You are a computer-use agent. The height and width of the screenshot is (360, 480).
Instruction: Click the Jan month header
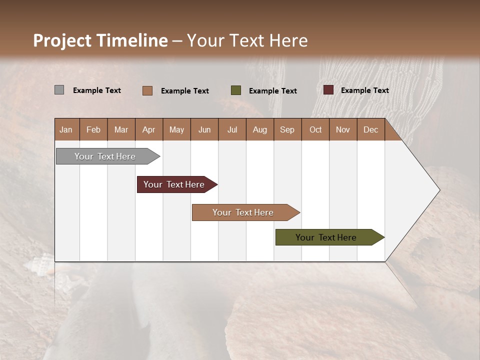coord(66,129)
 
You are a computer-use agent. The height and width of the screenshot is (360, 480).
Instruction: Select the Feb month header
coord(93,129)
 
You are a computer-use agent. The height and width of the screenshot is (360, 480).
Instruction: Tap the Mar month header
coord(121,129)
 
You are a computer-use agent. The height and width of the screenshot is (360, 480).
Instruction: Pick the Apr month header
coord(149,129)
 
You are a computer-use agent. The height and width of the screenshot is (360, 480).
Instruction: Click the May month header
coord(176,129)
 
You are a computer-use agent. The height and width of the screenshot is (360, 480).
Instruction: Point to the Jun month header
coord(204,129)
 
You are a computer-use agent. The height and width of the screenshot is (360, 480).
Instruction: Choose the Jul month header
coord(232,129)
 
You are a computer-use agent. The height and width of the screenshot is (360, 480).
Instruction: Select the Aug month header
coord(260,129)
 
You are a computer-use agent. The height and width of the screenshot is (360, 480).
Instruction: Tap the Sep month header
coord(287,129)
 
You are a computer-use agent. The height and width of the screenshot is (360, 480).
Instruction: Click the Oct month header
coord(315,129)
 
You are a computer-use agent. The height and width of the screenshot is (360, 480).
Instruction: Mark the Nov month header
coord(343,129)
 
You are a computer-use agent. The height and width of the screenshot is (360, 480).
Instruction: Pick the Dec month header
coord(370,129)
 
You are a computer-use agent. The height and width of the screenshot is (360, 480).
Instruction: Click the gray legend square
coord(59,90)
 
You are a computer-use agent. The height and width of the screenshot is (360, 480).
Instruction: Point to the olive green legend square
coord(236,90)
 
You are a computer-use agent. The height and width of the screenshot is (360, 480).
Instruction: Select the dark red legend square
coord(328,90)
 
